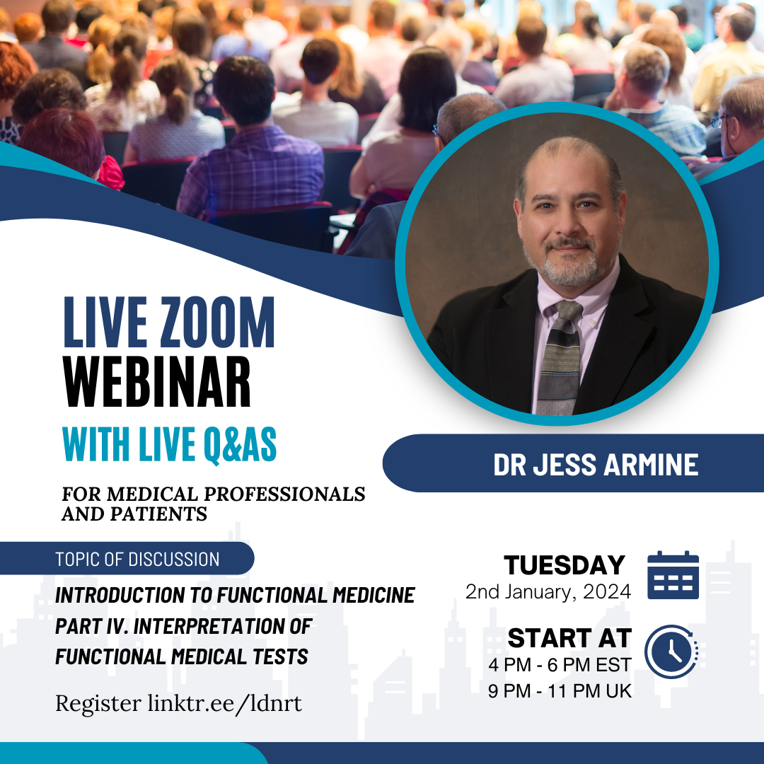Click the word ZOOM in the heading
point(217,323)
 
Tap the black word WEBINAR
point(156,381)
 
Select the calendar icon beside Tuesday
point(673,575)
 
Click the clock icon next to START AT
point(671,652)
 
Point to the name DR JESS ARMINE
point(596,464)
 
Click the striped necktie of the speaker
point(560,358)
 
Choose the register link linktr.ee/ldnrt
point(225,703)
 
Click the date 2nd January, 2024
point(548,591)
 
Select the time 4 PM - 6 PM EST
point(560,665)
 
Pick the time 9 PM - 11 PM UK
point(560,691)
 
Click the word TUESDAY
point(565,565)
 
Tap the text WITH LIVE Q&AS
point(170,444)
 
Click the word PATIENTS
point(159,514)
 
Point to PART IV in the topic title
point(91,626)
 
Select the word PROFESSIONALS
point(284,494)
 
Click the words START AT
point(569,638)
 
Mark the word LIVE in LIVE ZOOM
point(105,323)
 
